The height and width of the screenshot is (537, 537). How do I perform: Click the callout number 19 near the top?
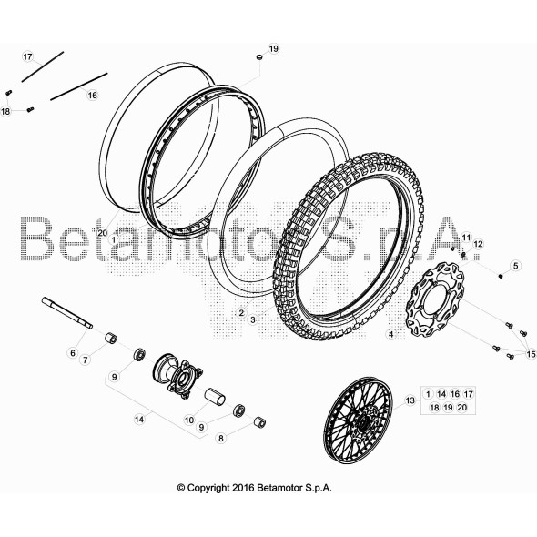coord(273,48)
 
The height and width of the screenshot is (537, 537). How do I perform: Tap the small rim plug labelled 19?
coord(259,56)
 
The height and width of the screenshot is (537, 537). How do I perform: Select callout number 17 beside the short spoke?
coord(27,56)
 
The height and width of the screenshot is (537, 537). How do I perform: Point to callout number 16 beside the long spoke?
coord(93,95)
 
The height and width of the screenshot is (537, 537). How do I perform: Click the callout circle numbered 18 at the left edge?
coord(5,111)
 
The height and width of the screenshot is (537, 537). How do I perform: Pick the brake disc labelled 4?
coord(435,299)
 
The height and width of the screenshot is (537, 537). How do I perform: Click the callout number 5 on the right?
coord(515,266)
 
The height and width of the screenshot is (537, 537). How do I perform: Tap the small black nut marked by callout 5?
coord(501,276)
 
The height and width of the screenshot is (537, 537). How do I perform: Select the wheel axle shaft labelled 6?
coord(67,313)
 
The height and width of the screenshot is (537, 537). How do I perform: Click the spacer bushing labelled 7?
coord(111,338)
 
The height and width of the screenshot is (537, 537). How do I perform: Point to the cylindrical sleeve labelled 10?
coord(215,397)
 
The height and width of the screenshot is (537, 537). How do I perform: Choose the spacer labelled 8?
coord(259,422)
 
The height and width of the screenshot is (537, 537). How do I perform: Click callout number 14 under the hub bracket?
coord(139,420)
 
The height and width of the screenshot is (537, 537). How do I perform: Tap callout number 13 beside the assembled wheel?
coord(410,400)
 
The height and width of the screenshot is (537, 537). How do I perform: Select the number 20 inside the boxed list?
coord(462,407)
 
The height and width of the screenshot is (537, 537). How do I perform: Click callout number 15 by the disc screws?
coord(532,354)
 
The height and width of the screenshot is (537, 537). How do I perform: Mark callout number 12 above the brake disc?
coord(478,244)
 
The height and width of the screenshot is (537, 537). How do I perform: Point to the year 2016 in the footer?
coord(243,488)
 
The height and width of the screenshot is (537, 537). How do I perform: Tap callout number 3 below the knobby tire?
coord(253,320)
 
